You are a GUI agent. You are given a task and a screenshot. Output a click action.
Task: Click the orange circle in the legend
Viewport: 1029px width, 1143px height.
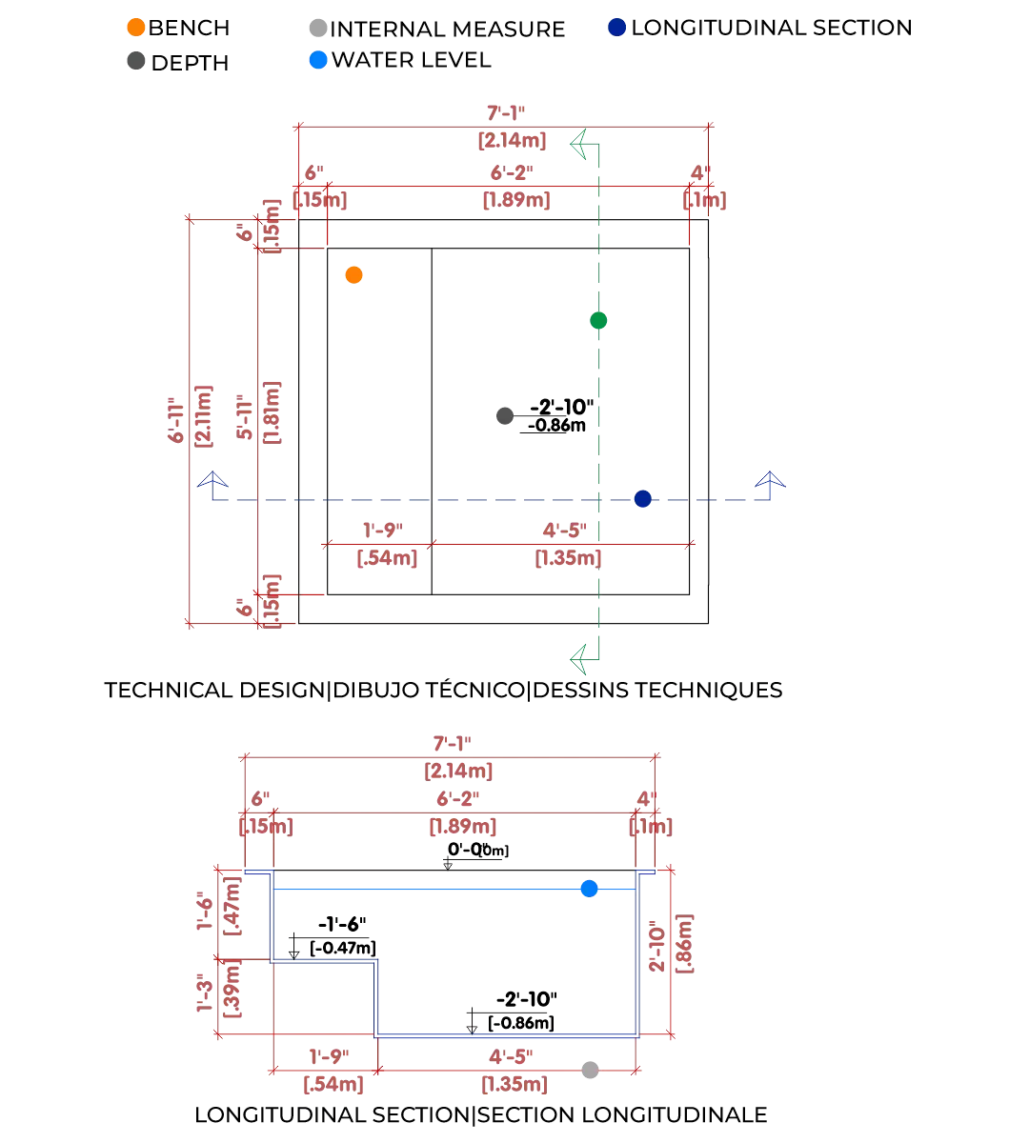point(135,27)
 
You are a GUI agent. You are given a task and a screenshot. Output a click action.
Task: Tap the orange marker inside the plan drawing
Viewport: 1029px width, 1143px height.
point(354,275)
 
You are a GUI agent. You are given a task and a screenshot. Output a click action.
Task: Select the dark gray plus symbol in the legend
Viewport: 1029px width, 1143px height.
point(136,63)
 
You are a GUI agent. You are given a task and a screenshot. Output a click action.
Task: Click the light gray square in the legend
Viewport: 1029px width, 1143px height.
point(316,27)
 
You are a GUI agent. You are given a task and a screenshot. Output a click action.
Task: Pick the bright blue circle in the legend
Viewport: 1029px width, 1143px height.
point(317,60)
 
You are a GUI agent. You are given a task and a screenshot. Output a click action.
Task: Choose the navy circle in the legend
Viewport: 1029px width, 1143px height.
point(616,27)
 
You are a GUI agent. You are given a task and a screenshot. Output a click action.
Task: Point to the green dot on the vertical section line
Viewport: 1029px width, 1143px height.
point(598,322)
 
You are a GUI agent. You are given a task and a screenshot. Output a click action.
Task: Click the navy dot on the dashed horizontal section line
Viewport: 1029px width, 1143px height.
point(643,498)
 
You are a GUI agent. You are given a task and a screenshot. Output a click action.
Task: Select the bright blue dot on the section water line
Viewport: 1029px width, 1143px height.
point(590,889)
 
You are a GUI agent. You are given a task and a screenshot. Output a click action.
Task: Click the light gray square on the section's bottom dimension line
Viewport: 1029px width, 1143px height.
point(591,1071)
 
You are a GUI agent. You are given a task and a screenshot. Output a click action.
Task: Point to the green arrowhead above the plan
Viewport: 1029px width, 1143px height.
point(575,145)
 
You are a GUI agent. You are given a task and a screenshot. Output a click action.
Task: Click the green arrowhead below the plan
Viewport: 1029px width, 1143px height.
point(575,658)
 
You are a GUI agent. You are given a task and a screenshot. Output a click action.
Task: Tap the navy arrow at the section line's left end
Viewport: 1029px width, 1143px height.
point(212,476)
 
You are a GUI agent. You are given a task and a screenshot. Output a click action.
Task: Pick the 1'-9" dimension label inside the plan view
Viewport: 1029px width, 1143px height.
point(381,530)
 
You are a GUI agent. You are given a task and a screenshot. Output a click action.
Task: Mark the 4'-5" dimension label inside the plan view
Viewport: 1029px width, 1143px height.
point(564,530)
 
